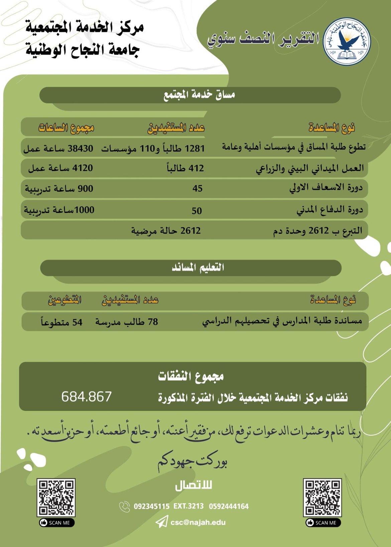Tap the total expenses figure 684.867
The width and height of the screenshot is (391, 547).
coord(86,396)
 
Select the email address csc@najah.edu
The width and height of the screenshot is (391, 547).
coord(198,522)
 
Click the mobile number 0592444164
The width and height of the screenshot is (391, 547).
coord(229,506)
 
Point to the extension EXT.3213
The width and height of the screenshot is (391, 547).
coord(188,506)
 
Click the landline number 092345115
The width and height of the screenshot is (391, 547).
coord(151,506)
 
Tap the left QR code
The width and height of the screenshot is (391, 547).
coord(56,497)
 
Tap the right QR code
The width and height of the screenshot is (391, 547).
coord(322,497)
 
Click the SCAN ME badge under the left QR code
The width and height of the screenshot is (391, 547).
coord(56,523)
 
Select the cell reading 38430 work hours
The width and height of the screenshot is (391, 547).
coord(58,149)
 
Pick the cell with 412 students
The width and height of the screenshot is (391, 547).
coord(185,168)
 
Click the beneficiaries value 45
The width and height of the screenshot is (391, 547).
coord(197,189)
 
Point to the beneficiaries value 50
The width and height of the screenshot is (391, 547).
coord(197,211)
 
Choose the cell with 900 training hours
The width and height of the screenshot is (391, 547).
coord(59,189)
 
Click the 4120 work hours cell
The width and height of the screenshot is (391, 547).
coord(60,168)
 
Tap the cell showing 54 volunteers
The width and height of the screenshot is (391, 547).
coord(61,322)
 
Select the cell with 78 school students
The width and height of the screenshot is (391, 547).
coord(127,322)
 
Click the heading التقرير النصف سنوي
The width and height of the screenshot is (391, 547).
coord(263,39)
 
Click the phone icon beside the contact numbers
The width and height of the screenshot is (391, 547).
coord(124,507)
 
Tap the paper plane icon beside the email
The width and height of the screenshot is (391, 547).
coord(161,522)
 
